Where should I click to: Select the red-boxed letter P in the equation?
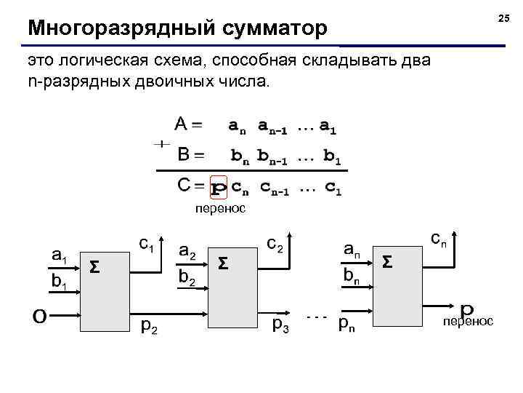(218, 187)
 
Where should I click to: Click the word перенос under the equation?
(220, 209)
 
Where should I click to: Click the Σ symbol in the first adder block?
(94, 267)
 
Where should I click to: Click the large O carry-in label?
(41, 314)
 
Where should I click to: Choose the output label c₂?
(275, 243)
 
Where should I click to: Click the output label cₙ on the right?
(439, 237)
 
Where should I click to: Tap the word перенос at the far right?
(469, 321)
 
